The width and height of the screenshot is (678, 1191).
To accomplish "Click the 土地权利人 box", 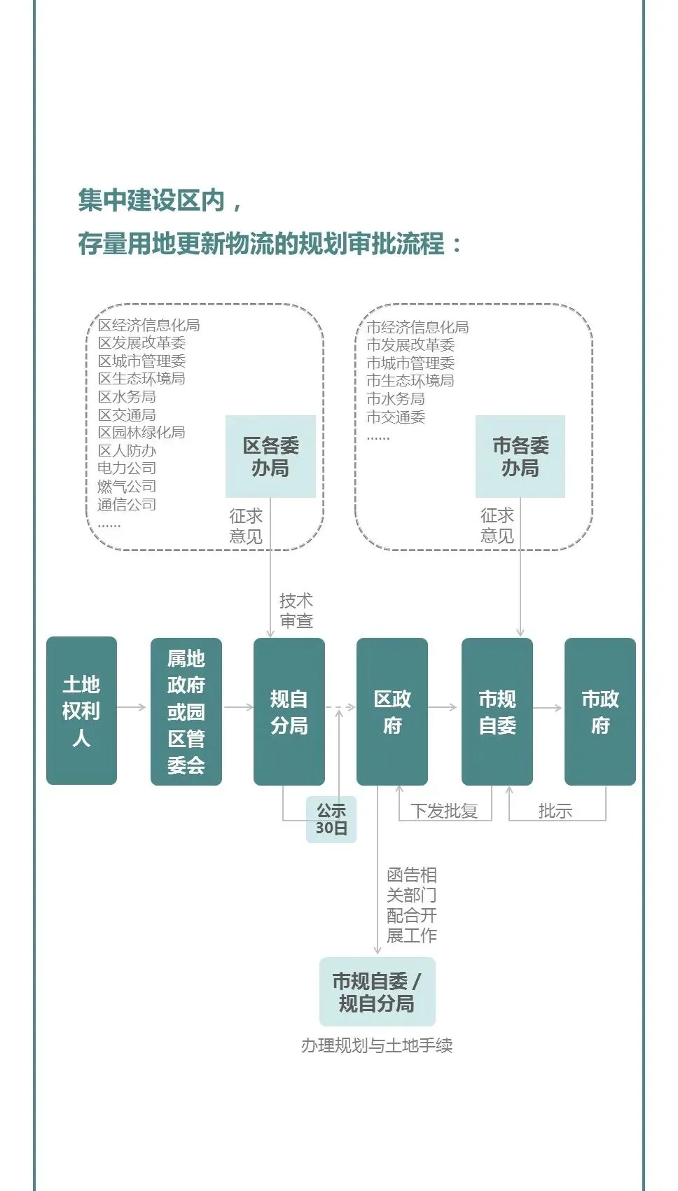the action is point(81,710).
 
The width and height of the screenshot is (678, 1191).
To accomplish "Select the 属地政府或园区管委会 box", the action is point(186,711).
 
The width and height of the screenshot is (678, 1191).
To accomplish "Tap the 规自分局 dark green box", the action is point(289,711).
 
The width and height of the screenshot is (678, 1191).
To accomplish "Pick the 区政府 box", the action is point(392,711).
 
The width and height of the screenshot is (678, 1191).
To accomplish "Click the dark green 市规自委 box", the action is point(497,711).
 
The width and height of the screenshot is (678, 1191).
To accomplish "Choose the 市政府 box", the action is point(600,711).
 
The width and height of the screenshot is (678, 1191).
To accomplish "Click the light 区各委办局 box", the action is point(270,456).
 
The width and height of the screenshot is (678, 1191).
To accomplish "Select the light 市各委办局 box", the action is point(520,456).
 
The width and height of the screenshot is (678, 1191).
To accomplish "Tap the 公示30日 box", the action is point(331,819).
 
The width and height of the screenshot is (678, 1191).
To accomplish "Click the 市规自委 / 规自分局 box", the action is point(377,991).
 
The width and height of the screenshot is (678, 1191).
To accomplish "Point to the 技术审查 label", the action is point(296,611).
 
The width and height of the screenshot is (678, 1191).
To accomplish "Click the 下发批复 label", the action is point(444,811).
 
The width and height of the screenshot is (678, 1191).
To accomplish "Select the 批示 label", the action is point(555,811).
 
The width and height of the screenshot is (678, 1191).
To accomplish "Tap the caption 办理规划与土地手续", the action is point(377,1045).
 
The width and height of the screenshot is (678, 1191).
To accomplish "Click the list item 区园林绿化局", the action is point(141,432).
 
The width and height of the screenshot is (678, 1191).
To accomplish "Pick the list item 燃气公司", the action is point(127,486).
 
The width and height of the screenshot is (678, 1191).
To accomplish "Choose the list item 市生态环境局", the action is point(410,380).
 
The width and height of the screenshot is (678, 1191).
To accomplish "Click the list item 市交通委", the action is point(396,417).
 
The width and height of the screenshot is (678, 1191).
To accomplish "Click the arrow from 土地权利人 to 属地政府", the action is point(132,707).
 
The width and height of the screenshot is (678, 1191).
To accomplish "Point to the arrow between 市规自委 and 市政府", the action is point(548,708).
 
